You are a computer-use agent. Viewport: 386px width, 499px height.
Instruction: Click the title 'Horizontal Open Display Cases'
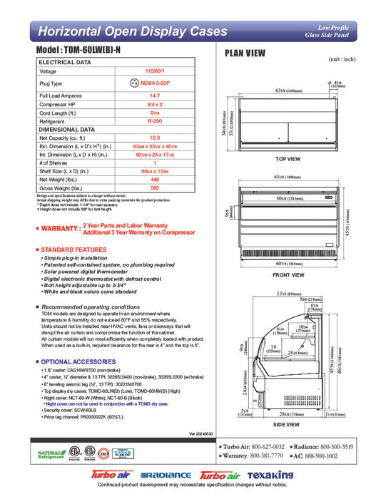coord(133,32)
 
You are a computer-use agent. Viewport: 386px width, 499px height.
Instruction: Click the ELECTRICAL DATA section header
coord(66,62)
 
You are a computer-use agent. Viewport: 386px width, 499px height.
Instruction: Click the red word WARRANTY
coord(60,229)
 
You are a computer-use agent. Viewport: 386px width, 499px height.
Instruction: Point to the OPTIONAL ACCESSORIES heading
coord(78,361)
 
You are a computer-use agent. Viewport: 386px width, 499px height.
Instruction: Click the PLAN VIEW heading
coord(246,52)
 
